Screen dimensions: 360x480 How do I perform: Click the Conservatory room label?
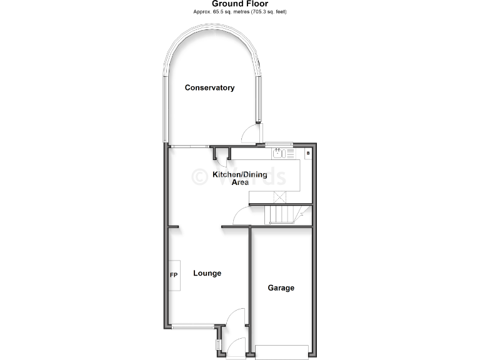[x=209, y=87]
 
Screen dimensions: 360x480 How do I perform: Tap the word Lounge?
[x=207, y=273]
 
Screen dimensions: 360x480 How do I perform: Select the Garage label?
[x=281, y=288]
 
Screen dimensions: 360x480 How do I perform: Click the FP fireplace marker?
[x=174, y=275]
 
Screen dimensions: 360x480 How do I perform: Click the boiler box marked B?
[x=308, y=152]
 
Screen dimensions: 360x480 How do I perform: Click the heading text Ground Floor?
[x=240, y=4]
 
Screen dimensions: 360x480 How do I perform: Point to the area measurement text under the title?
[x=240, y=12]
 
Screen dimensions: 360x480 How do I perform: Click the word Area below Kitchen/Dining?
[x=240, y=182]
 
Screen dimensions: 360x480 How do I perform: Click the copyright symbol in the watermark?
[x=199, y=176]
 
